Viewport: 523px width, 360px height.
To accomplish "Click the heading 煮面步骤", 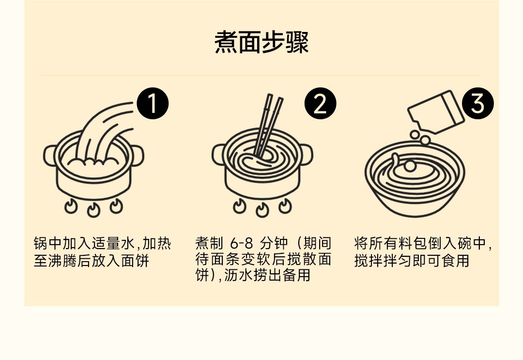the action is pos(261,42).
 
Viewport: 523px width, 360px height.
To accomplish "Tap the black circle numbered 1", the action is pos(153,103).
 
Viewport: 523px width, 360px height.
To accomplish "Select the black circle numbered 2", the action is pos(320,103).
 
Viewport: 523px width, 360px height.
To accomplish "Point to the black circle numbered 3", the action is pos(477,103).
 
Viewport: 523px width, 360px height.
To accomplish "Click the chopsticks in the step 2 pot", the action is pos(268,125).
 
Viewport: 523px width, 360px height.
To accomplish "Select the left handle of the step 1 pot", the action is pos(50,156).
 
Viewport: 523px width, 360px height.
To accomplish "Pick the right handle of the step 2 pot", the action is pos(306,155).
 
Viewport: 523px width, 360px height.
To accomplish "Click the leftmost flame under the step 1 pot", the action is pos(71,206).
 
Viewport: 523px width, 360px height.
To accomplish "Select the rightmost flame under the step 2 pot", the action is pos(285,206).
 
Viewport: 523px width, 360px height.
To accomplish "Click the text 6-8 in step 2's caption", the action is pos(242,244).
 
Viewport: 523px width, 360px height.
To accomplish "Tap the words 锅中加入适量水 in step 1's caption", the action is pos(84,244).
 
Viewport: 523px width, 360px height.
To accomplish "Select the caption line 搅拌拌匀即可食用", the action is pos(412,261).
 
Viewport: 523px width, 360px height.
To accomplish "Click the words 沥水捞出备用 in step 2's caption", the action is pos(267,275).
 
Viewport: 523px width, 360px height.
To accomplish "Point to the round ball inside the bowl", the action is pos(410,166).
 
